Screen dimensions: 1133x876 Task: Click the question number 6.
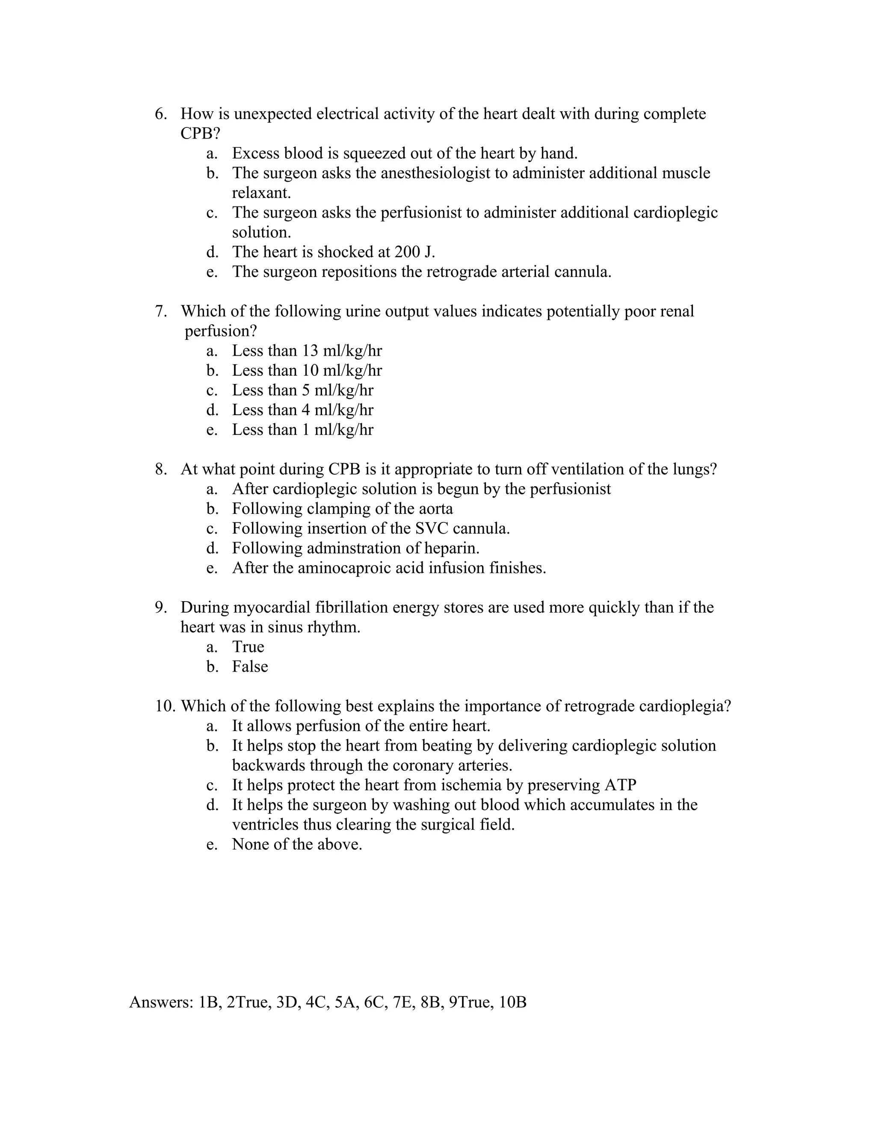(x=160, y=114)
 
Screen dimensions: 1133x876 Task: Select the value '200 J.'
(x=414, y=252)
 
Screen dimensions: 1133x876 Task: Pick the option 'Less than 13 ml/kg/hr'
(x=306, y=351)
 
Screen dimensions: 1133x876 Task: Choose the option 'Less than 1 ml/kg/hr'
(x=302, y=430)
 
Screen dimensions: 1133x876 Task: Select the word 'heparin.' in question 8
(x=452, y=549)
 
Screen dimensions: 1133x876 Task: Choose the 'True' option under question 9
(x=248, y=647)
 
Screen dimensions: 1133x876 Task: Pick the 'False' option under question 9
(x=250, y=667)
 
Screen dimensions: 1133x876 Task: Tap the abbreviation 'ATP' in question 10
(x=620, y=785)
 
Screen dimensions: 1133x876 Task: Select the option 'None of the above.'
(x=297, y=844)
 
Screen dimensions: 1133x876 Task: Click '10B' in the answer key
(x=512, y=1002)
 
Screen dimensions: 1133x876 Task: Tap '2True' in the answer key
(x=249, y=1002)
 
